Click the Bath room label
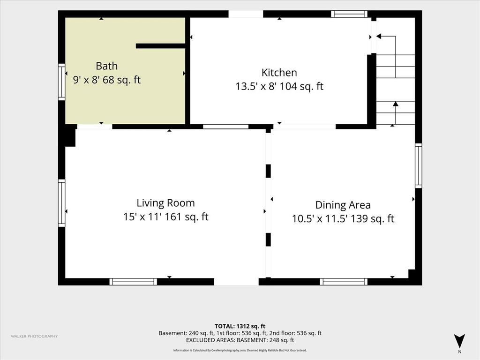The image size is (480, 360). coord(106,66)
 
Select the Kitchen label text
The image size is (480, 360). coord(279,73)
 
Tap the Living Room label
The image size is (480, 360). coord(165,203)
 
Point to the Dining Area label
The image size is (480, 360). coord(343,205)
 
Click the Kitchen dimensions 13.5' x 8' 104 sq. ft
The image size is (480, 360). coord(279,86)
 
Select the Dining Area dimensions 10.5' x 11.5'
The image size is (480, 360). coord(319,218)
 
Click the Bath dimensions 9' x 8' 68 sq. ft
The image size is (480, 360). coord(106,80)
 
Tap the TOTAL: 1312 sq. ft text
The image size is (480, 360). coord(240,326)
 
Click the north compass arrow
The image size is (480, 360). coord(459,341)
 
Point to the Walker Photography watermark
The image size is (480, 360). coord(34,337)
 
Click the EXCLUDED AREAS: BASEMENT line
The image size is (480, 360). coord(240,340)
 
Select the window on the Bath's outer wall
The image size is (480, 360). coord(61,82)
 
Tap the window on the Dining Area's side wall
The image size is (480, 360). coord(419,165)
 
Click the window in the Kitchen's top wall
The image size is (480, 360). coord(349,14)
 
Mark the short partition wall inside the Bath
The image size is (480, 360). coord(161,46)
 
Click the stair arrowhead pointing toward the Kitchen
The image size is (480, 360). coord(379,37)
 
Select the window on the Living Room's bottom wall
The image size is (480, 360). coord(133,282)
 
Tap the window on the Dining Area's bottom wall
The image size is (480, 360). coord(344,282)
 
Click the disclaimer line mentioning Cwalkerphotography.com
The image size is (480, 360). coord(240,350)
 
